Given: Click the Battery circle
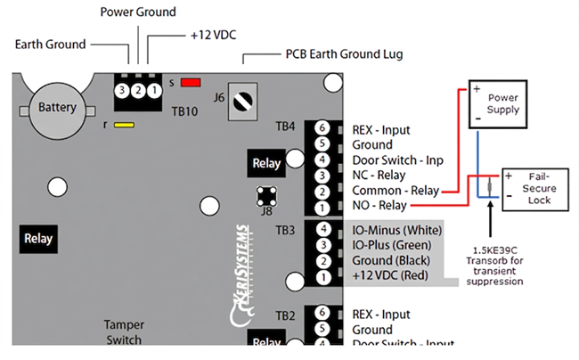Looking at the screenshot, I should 57,109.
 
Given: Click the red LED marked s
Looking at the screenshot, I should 189,83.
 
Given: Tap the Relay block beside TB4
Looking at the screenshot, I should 266,163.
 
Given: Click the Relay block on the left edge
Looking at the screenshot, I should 37,239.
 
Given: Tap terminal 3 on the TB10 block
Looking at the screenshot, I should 120,90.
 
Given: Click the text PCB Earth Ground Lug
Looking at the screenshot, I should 344,54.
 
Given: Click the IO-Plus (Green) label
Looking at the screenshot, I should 392,245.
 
